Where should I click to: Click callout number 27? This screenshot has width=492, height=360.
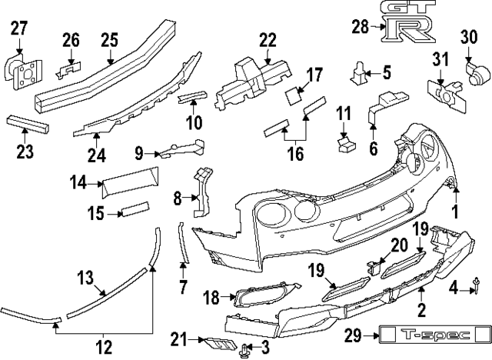click(x=18, y=30)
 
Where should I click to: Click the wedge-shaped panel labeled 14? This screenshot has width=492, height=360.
click(x=131, y=181)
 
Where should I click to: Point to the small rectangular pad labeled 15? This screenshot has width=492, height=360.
click(x=135, y=208)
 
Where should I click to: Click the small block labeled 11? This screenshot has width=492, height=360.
click(x=344, y=142)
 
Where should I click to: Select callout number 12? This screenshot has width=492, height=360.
click(x=105, y=346)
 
